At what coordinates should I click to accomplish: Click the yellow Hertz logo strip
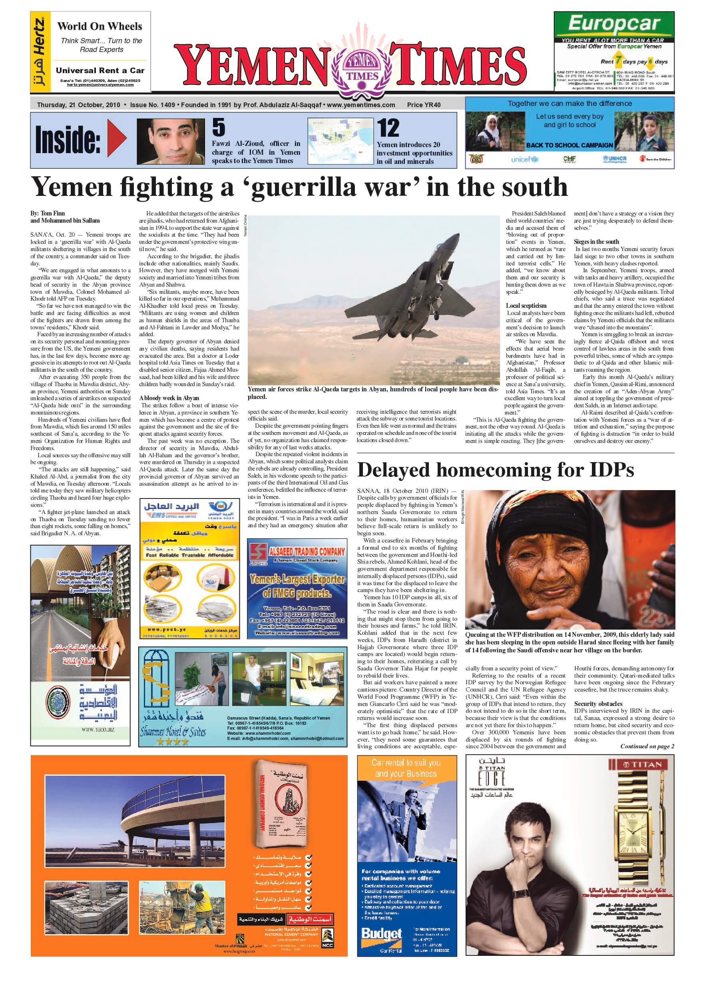coord(40,52)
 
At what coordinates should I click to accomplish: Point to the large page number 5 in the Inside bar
coord(219,128)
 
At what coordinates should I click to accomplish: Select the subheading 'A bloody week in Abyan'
coord(169,398)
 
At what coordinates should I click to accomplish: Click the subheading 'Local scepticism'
coord(526,306)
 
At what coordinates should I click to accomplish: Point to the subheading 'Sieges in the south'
coord(596,241)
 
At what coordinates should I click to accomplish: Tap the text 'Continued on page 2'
coord(647,746)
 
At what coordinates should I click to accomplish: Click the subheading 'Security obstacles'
coord(598,704)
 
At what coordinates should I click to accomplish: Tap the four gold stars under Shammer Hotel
coord(173,742)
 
